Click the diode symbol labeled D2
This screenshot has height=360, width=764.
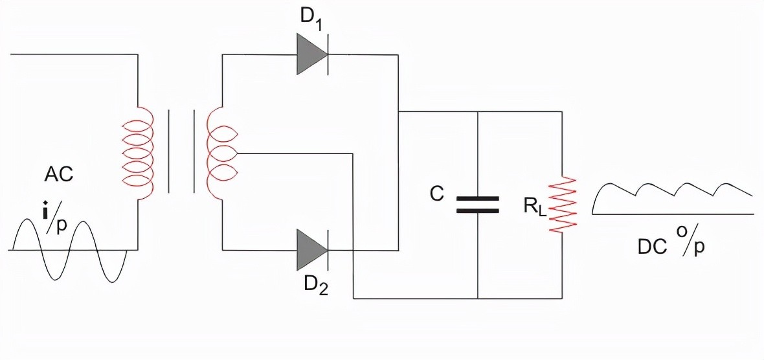pos(311,250)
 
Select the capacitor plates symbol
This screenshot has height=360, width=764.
pos(478,205)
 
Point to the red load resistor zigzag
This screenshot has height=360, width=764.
pos(561,204)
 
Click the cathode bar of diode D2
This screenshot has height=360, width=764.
pos(327,250)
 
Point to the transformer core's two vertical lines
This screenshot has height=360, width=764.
pos(181,151)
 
